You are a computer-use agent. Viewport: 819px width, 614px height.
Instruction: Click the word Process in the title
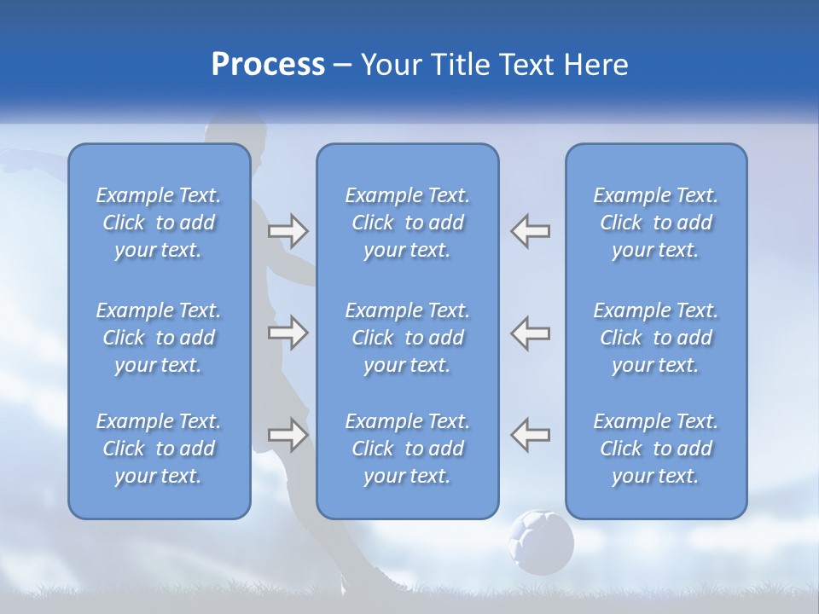point(268,65)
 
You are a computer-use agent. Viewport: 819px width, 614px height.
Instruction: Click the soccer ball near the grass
point(541,542)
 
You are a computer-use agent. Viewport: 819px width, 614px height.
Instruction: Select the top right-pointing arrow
point(288,231)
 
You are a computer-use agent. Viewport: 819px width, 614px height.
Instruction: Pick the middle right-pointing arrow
point(288,333)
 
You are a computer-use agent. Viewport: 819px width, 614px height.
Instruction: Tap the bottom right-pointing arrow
point(288,434)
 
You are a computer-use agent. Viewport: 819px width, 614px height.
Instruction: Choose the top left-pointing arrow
point(530,231)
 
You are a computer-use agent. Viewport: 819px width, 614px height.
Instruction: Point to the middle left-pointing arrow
point(530,333)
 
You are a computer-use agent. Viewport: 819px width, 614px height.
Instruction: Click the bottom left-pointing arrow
point(530,434)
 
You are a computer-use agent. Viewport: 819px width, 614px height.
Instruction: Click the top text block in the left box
point(159,223)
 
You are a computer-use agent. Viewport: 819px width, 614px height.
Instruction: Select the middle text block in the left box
point(159,338)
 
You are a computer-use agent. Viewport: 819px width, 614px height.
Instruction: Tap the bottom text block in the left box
point(159,449)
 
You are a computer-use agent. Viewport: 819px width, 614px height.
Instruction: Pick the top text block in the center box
point(408,223)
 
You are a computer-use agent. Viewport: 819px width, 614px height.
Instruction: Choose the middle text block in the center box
point(408,338)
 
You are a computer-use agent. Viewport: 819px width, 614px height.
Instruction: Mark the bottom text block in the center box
point(408,449)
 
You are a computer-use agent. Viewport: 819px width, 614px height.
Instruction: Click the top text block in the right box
point(656,223)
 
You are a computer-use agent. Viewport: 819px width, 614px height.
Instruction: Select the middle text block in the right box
point(656,338)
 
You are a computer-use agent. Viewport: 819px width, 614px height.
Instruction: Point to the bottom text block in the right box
point(656,449)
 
